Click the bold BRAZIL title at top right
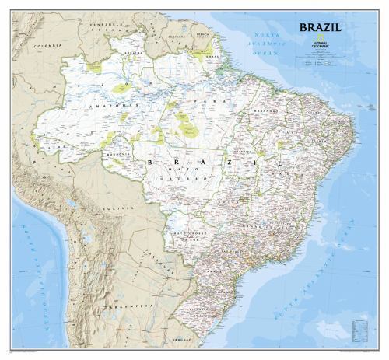point(320,27)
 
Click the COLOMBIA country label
point(47,47)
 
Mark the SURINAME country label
point(180,36)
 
